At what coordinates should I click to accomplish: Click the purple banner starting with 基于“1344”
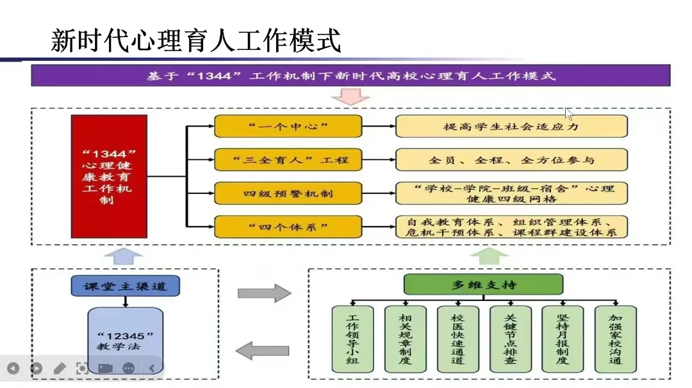coord(350,76)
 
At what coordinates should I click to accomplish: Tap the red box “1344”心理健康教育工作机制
coord(108,177)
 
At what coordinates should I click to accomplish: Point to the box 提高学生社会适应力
coord(511,126)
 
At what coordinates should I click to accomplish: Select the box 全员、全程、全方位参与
coord(511,159)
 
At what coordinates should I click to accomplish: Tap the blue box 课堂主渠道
coord(125,286)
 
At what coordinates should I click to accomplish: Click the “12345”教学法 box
coord(125,339)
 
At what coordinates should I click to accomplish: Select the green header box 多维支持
coord(483,284)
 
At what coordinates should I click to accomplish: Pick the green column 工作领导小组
coord(352,339)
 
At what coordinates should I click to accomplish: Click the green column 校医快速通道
coord(457,339)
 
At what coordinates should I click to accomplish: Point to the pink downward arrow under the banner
coord(350,96)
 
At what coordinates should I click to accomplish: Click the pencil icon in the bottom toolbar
coord(60,368)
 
